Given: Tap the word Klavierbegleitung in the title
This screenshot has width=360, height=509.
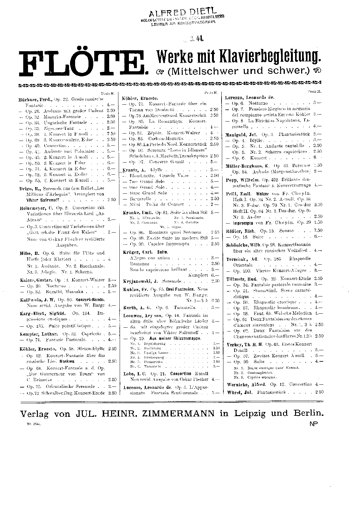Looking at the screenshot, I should pos(265,56).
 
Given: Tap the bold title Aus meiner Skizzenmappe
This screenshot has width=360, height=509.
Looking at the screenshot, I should pos(175,338).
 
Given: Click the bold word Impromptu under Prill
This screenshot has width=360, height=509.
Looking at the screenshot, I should pos(245,222).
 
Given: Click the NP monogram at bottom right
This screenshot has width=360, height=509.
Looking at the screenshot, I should pos(313,423).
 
